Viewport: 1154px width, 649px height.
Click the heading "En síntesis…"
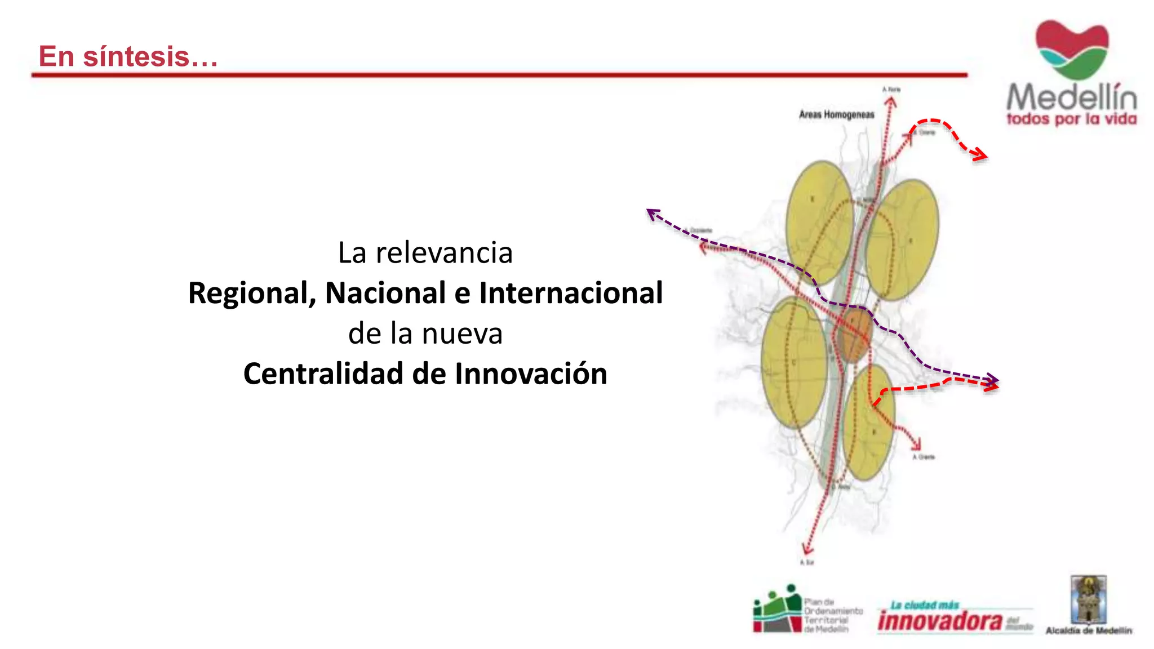[128, 56]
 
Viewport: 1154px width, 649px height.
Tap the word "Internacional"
[571, 293]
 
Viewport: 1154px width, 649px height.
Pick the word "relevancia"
[444, 253]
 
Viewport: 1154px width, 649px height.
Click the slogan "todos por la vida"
[1072, 119]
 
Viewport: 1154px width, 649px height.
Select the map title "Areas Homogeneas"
[836, 115]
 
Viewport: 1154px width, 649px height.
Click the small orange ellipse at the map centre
[854, 335]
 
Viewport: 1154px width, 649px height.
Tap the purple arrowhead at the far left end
[653, 214]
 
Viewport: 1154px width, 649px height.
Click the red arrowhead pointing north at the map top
[890, 102]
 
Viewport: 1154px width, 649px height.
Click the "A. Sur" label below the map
[807, 562]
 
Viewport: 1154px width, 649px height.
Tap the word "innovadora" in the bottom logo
[940, 621]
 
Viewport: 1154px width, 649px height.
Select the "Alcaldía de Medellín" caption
[1089, 631]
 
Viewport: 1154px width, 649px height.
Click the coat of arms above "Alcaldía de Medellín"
[1089, 599]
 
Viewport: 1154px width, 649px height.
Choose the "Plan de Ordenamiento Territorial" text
[833, 616]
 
